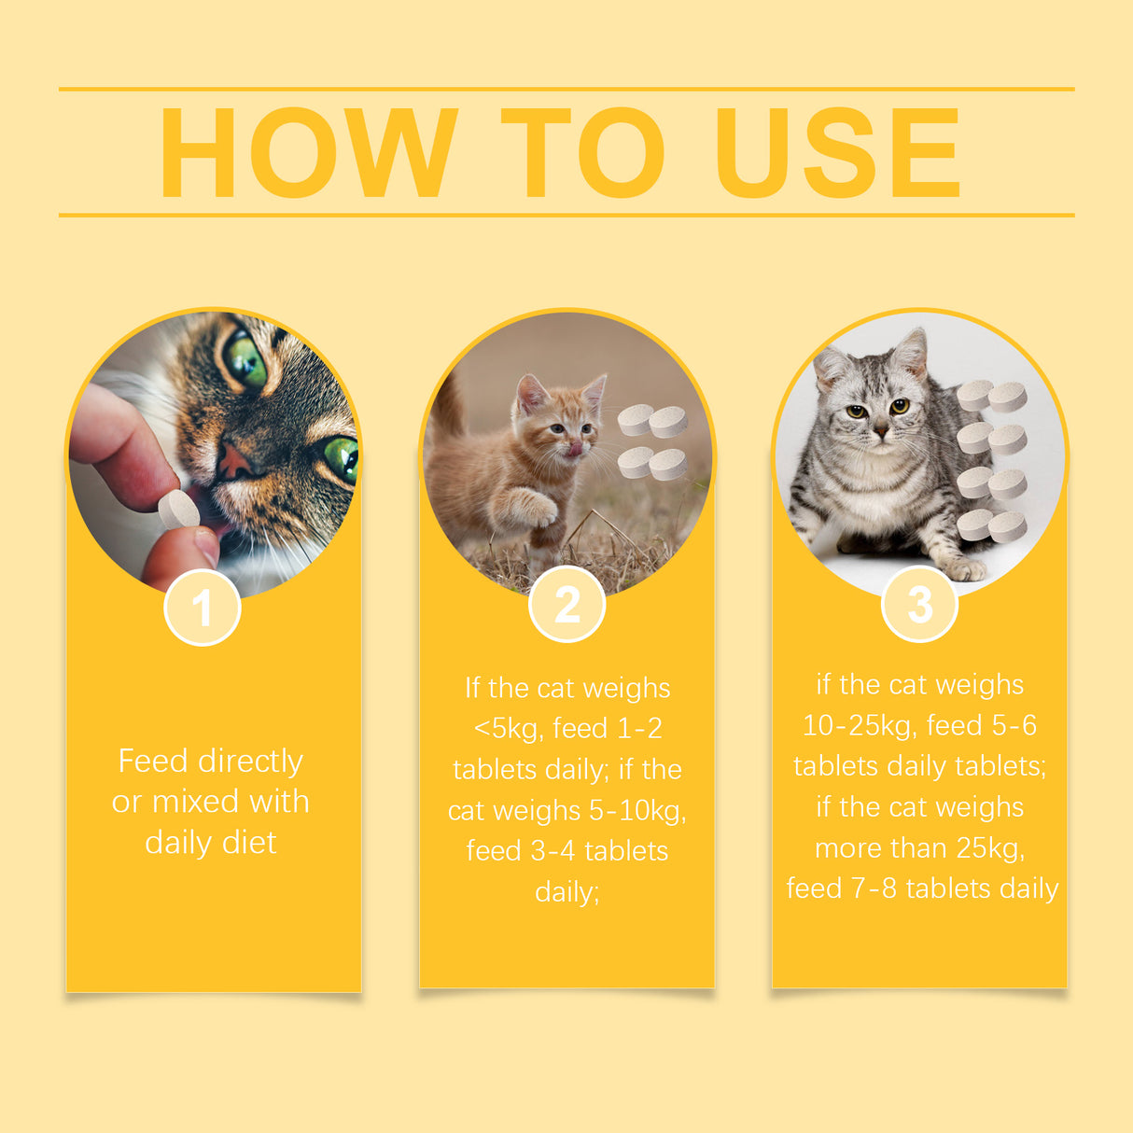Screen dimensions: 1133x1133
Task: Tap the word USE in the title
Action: click(x=837, y=152)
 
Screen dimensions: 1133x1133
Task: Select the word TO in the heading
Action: click(x=583, y=152)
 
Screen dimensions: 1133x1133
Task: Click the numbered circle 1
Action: click(x=203, y=608)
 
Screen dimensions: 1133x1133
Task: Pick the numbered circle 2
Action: click(x=567, y=605)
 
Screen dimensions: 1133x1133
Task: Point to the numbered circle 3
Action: click(x=920, y=605)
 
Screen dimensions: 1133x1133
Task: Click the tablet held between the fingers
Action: click(x=179, y=510)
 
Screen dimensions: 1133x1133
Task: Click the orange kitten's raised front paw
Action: click(x=539, y=509)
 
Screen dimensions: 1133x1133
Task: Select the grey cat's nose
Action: click(x=879, y=430)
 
